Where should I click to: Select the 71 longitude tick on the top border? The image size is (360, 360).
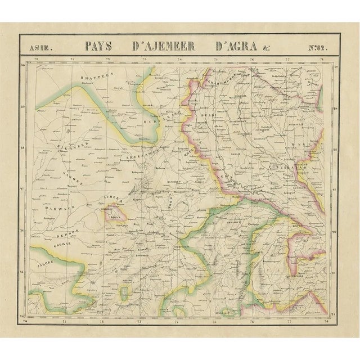(x=73, y=58)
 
